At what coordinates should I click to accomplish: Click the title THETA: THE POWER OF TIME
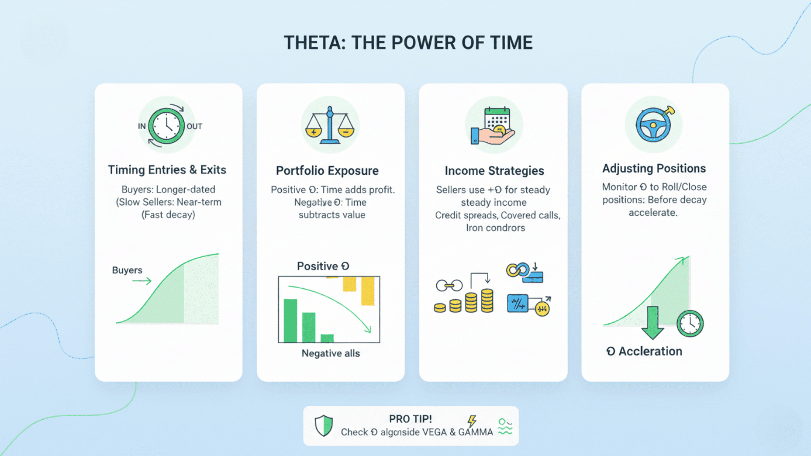[x=408, y=43]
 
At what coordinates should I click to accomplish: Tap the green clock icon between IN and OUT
[x=166, y=126]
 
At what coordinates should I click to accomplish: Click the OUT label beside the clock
[x=194, y=126]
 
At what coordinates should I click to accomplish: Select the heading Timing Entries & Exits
[x=167, y=170]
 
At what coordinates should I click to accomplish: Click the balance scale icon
[x=330, y=125]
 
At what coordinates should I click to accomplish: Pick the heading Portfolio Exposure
[x=327, y=171]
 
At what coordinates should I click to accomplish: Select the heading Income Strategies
[x=494, y=171]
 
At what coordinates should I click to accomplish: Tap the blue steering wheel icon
[x=653, y=125]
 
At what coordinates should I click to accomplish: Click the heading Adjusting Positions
[x=654, y=168]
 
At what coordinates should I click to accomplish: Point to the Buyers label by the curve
[x=127, y=270]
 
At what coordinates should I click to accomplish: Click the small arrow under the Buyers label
[x=142, y=281]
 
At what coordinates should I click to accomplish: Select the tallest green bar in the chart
[x=290, y=320]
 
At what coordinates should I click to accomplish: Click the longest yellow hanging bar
[x=367, y=290]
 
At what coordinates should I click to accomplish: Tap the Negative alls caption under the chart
[x=331, y=353]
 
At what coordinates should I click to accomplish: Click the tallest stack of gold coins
[x=487, y=301]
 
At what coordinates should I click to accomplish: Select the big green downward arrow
[x=653, y=323]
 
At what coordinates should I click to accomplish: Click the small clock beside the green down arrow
[x=690, y=324]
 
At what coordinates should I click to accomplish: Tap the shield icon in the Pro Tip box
[x=324, y=426]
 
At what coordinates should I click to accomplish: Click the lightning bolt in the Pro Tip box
[x=472, y=421]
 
